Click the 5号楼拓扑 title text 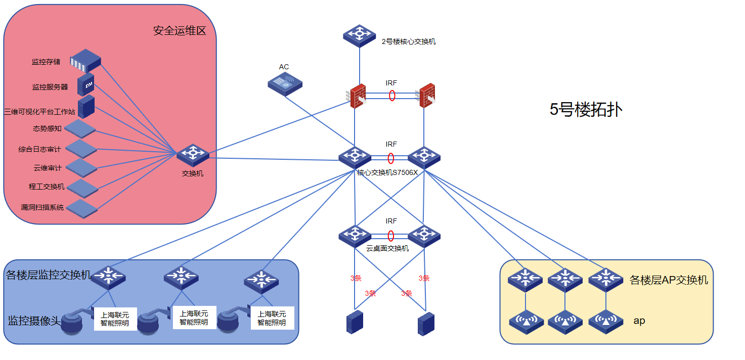(586, 110)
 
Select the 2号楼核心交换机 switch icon (360, 35)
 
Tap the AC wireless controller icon (285, 83)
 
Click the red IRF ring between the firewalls (392, 96)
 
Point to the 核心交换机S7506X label (387, 172)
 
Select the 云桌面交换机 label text (387, 248)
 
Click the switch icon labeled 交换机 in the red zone (193, 154)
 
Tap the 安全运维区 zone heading (180, 31)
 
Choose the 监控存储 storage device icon (85, 60)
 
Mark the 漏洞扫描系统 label (42, 207)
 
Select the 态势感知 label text (48, 128)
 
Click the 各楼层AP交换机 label (669, 280)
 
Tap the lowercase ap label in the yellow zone (639, 321)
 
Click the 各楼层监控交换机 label (49, 275)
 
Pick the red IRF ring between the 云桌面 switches (391, 236)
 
